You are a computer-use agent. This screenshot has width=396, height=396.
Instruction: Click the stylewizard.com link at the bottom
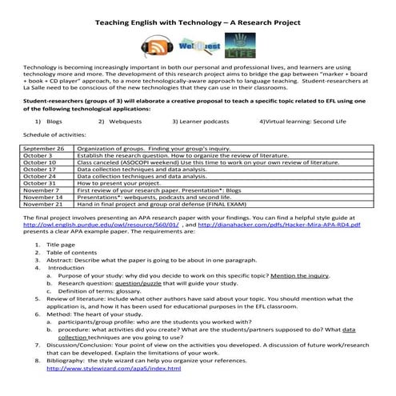coord(100,370)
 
